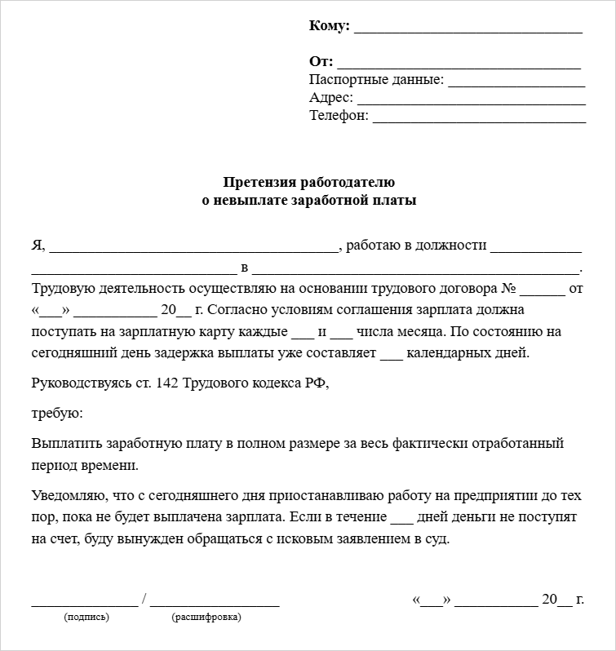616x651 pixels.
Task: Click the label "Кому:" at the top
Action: click(330, 26)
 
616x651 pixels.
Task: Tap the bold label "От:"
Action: click(321, 62)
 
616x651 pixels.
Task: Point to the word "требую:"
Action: click(57, 414)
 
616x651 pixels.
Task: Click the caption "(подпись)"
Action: click(86, 618)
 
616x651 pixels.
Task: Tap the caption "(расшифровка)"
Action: click(206, 618)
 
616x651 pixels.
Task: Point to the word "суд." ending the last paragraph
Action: click(437, 539)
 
